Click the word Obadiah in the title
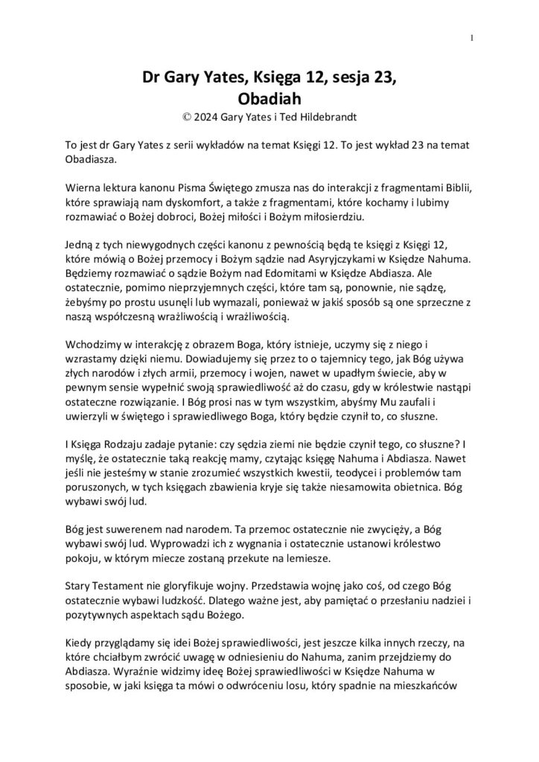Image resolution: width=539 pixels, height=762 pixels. [x=269, y=97]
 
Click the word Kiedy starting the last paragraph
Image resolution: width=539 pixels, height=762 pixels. [x=79, y=643]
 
